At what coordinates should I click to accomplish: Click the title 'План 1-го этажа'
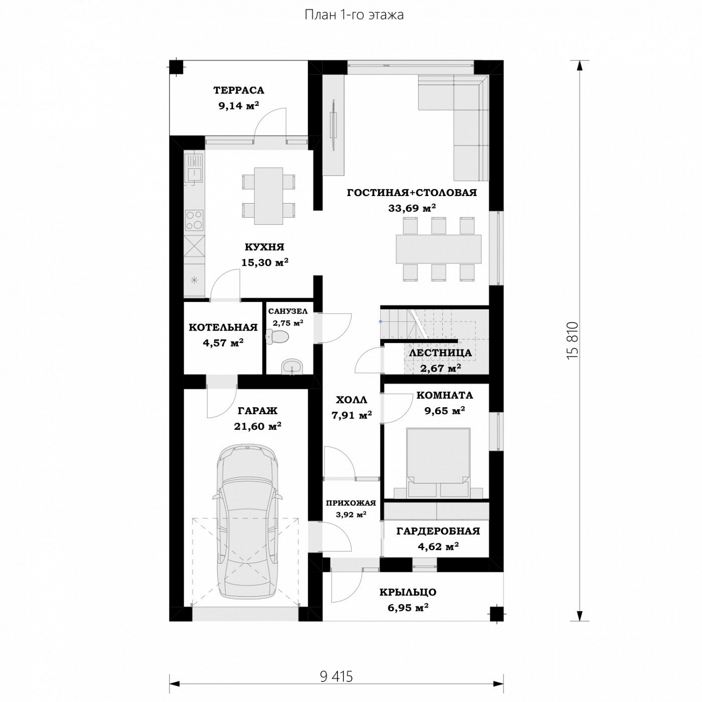(354, 15)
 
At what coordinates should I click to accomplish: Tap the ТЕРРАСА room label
(239, 90)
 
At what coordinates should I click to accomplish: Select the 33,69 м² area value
(412, 208)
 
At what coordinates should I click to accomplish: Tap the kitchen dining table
(268, 195)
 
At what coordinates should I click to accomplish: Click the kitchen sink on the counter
(194, 168)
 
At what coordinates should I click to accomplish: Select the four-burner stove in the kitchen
(194, 220)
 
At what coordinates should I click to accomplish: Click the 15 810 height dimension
(573, 340)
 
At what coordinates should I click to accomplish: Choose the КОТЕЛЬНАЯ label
(223, 327)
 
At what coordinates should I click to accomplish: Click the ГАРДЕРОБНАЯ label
(438, 531)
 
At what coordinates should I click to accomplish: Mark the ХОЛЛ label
(351, 400)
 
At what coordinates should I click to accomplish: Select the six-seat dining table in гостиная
(438, 249)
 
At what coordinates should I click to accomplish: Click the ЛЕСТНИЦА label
(440, 352)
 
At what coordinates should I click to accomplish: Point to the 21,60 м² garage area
(257, 426)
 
